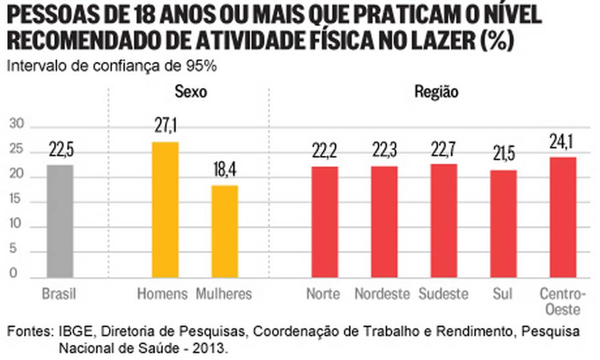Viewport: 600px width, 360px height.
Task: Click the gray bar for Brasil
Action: click(60, 221)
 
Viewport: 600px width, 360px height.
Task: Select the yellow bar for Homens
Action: click(165, 210)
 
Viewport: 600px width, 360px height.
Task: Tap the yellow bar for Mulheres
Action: click(224, 231)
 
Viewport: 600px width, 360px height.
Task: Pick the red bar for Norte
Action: click(324, 222)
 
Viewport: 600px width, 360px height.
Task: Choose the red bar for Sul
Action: click(503, 224)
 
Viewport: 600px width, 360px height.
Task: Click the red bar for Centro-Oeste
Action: click(563, 217)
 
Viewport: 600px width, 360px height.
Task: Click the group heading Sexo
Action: click(191, 92)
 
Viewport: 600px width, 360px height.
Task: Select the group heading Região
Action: click(436, 92)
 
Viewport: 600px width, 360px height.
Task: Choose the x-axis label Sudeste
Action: click(444, 294)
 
